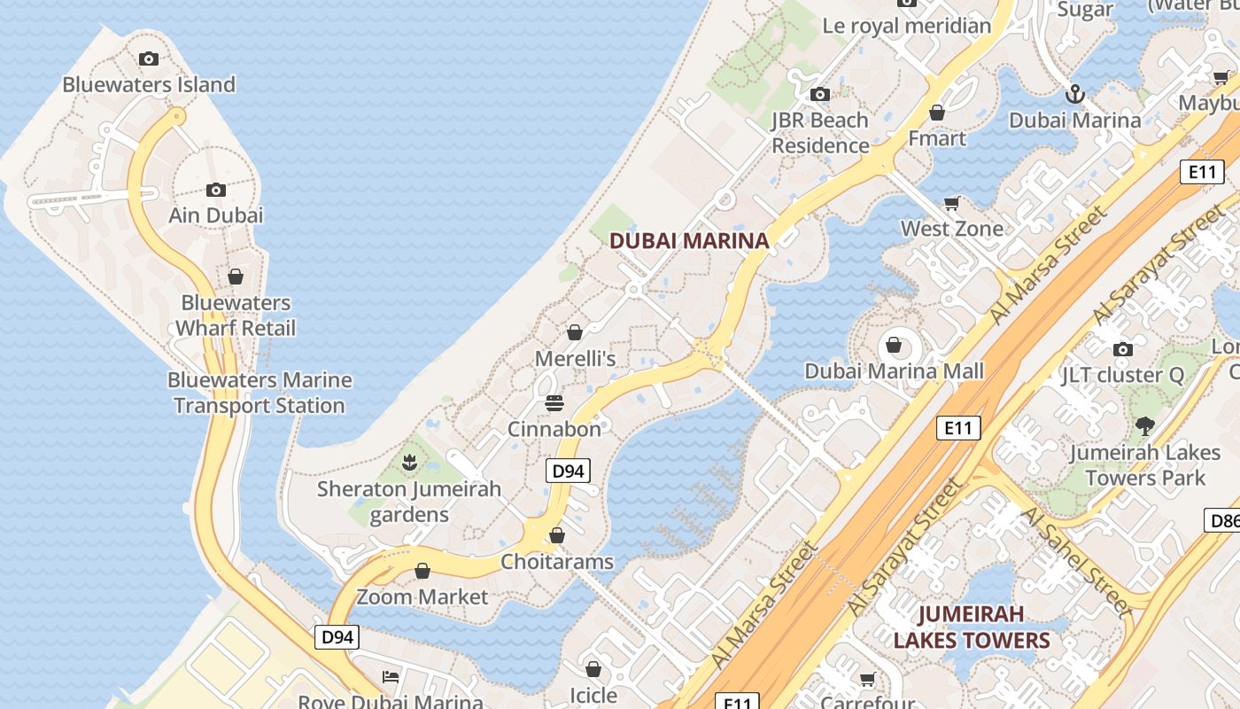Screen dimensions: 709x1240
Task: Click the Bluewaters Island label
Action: [149, 85]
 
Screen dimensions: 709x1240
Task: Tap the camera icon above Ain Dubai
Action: [215, 190]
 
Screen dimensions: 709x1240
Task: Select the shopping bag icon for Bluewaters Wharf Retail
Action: [236, 277]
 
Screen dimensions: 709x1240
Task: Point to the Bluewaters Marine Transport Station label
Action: [260, 393]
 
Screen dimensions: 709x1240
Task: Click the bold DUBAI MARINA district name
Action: [689, 240]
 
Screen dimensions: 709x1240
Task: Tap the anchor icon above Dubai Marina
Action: [1074, 93]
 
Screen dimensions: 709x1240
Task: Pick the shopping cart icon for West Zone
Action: [952, 204]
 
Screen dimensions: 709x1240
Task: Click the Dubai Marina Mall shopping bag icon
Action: [894, 345]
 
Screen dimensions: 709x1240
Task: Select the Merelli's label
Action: [575, 359]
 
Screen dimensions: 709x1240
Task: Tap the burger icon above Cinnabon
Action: [554, 403]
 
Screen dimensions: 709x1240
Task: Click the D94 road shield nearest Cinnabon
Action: [567, 471]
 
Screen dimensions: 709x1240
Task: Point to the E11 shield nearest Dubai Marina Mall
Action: [958, 428]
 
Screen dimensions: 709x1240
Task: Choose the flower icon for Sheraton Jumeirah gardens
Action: [409, 462]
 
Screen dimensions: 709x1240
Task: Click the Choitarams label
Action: [557, 562]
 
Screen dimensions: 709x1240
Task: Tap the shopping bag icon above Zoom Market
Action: [422, 571]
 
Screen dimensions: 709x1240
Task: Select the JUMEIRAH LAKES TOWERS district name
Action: [972, 627]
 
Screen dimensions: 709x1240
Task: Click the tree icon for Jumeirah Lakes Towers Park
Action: [1145, 426]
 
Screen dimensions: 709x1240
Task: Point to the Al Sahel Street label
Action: [1076, 563]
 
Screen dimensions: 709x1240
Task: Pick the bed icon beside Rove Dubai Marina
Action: [391, 677]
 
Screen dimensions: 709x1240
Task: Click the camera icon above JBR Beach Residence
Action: [820, 94]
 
